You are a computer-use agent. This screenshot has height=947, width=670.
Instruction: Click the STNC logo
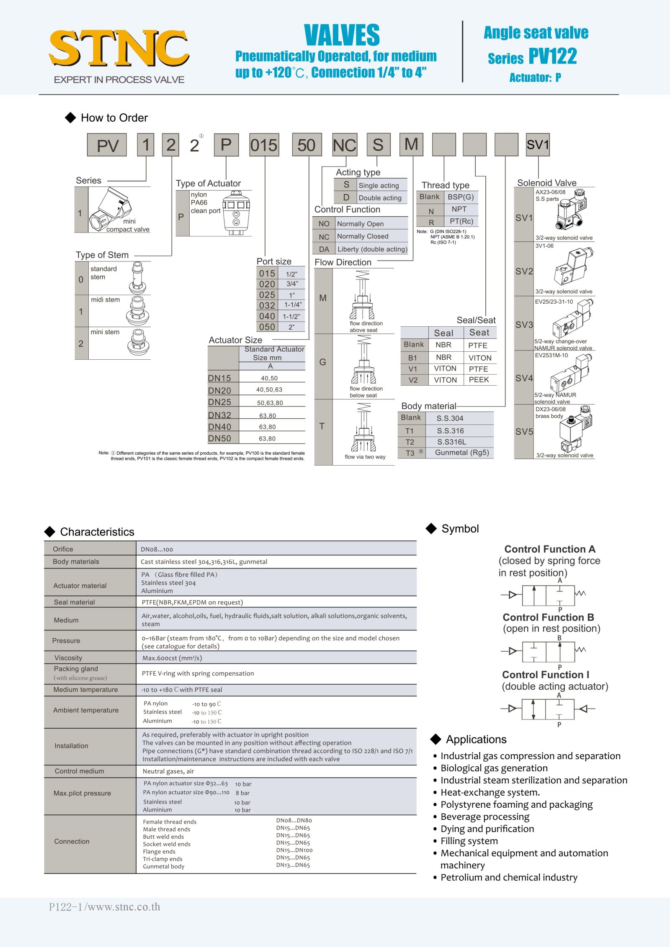119,49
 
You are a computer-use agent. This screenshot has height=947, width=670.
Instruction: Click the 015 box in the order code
264,145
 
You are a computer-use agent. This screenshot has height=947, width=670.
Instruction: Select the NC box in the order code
344,145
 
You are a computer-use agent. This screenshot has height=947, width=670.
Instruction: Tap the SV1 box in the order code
538,145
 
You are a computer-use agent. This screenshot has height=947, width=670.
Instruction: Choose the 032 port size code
267,305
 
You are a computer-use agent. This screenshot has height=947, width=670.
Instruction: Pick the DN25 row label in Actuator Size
219,402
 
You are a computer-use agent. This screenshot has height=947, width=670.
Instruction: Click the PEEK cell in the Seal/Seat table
479,380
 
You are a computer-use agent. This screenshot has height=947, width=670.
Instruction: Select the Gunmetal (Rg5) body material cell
462,453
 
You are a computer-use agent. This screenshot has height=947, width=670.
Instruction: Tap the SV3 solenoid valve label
524,325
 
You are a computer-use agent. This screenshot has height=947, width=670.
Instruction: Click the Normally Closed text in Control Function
363,236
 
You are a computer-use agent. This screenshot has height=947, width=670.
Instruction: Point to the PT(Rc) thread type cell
461,221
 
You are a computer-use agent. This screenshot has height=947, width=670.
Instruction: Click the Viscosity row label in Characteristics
68,658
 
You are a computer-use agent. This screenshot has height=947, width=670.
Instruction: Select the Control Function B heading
548,617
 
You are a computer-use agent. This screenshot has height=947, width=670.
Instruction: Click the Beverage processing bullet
484,817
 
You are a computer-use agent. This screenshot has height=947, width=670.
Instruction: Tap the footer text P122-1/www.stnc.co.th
105,907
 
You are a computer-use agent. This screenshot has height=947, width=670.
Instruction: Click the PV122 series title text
552,56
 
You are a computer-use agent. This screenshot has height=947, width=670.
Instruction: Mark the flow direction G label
322,362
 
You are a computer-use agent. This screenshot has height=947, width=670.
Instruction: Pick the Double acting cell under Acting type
380,198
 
